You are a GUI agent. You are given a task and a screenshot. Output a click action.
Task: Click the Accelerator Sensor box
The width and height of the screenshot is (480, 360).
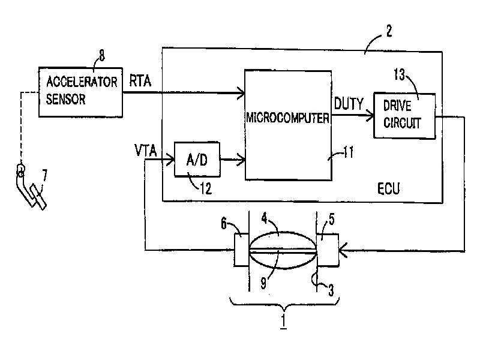pyautogui.click(x=80, y=92)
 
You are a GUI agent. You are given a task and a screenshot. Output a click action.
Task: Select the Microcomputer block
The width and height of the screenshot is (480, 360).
pyautogui.click(x=288, y=125)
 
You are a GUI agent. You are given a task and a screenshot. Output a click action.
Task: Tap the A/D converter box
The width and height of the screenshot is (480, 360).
pyautogui.click(x=197, y=160)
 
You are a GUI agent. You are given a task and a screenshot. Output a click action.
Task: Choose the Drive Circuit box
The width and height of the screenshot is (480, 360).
pyautogui.click(x=404, y=116)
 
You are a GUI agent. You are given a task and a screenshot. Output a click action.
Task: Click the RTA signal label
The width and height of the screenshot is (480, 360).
pyautogui.click(x=140, y=81)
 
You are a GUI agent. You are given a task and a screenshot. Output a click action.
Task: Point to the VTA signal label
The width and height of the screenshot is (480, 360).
pyautogui.click(x=146, y=151)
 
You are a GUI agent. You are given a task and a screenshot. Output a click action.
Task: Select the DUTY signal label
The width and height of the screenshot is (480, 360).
pyautogui.click(x=349, y=104)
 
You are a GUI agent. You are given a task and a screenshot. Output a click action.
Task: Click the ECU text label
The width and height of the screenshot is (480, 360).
pyautogui.click(x=388, y=188)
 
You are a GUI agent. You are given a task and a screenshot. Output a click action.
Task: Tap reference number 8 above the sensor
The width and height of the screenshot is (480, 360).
pyautogui.click(x=101, y=55)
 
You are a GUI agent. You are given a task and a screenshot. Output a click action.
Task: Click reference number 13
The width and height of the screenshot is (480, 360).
pyautogui.click(x=399, y=74)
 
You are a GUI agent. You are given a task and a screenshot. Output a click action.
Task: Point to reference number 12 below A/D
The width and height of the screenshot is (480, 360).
pyautogui.click(x=206, y=188)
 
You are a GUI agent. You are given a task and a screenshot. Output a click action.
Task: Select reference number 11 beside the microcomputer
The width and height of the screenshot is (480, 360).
pyautogui.click(x=349, y=152)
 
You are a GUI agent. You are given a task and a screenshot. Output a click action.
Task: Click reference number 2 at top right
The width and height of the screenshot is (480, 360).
pyautogui.click(x=389, y=31)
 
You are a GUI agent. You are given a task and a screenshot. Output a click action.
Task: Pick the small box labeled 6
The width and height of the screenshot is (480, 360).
pyautogui.click(x=242, y=250)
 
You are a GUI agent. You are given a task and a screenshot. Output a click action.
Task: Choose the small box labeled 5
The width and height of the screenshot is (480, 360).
pyautogui.click(x=328, y=250)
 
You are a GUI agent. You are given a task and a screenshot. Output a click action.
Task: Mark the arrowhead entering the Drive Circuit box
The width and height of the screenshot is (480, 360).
pyautogui.click(x=370, y=116)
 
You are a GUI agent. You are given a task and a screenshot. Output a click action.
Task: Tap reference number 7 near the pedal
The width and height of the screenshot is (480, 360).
pyautogui.click(x=44, y=176)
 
